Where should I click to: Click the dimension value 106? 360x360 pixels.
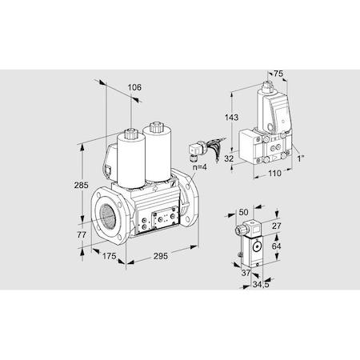coord(134,88)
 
